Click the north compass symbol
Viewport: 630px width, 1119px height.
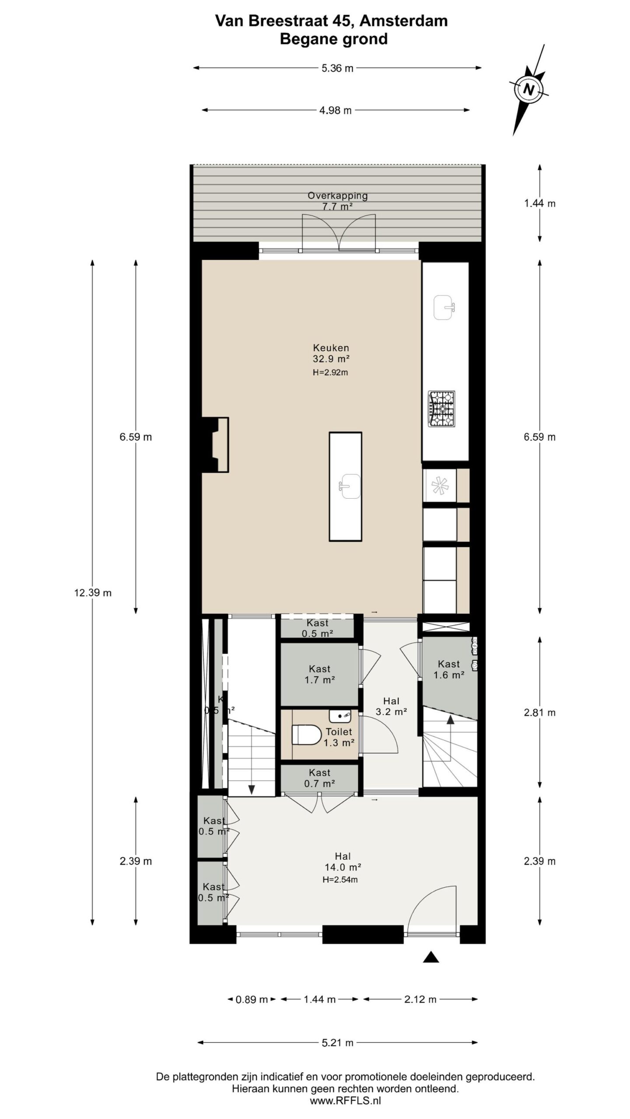click(528, 89)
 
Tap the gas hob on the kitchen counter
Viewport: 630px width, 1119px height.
click(441, 409)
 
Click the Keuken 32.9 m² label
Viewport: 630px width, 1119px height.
click(331, 354)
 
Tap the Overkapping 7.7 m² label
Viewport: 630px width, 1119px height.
click(337, 201)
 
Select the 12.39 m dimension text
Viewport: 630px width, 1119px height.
click(93, 593)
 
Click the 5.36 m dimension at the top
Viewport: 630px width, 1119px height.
click(337, 68)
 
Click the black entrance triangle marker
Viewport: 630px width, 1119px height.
click(431, 957)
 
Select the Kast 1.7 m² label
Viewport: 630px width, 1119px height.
click(319, 674)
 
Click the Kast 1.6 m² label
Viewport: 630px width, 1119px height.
click(448, 669)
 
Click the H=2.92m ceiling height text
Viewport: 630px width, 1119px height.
click(330, 372)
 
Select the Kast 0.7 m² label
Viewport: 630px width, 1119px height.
click(319, 778)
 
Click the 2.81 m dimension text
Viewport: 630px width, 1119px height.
click(539, 712)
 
